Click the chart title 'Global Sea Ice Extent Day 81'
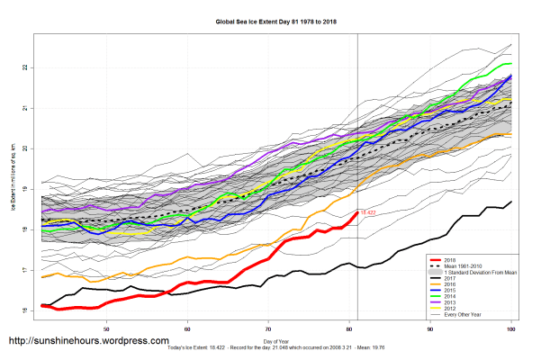tap(270, 20)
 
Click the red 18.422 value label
tap(367, 212)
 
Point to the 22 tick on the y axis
tap(27, 67)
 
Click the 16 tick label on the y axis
tap(27, 310)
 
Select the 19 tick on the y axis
tap(27, 189)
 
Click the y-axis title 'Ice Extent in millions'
tap(14, 189)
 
